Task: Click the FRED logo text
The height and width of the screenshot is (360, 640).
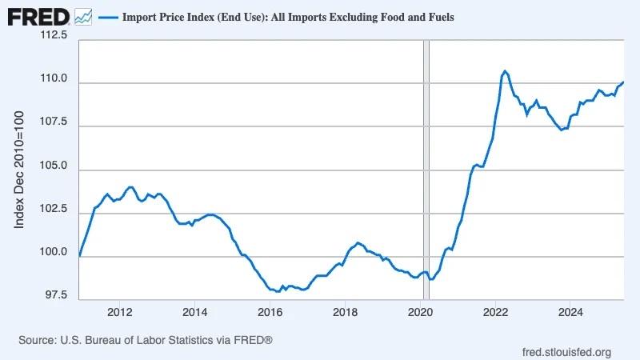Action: [38, 15]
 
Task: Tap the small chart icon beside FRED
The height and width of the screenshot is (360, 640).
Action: [82, 15]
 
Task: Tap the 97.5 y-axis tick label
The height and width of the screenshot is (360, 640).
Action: [56, 296]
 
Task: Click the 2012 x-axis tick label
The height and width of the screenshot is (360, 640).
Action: [119, 311]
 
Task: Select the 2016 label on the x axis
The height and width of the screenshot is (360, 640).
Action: [270, 311]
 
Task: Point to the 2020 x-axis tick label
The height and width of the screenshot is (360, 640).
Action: [421, 311]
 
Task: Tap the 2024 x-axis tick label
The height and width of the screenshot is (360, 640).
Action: [570, 311]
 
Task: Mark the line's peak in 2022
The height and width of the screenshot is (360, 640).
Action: [504, 71]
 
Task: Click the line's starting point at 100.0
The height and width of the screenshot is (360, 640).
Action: [80, 255]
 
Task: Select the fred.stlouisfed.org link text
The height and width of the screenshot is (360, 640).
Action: [566, 352]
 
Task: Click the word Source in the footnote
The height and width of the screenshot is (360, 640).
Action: [36, 340]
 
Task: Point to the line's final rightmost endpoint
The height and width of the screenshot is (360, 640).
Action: [623, 82]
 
